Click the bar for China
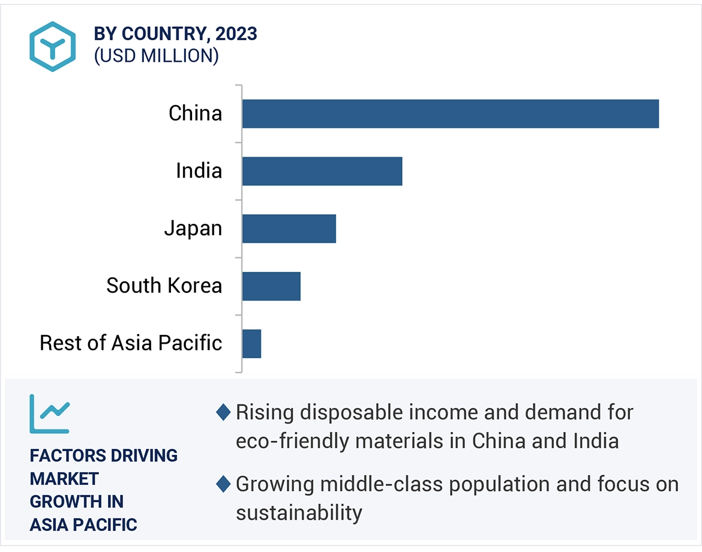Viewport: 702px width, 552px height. point(450,113)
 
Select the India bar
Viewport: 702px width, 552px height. point(322,171)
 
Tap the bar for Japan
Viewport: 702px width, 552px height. point(289,229)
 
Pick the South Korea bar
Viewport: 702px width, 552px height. point(271,286)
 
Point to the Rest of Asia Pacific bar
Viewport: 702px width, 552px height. point(251,344)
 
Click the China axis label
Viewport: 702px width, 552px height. point(195,113)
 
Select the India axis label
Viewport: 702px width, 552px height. point(199,171)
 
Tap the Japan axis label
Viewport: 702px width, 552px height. point(193,229)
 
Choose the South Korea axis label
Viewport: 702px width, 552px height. point(164,286)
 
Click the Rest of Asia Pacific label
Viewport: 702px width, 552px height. point(131,343)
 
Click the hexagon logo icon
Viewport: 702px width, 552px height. point(53,46)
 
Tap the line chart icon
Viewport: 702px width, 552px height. point(50,413)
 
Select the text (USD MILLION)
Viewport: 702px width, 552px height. point(156,56)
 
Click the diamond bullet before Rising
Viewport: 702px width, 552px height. point(223,413)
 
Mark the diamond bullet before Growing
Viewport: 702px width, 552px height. point(223,484)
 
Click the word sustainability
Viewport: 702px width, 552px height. point(299,513)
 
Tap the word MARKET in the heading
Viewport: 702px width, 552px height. point(64,479)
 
